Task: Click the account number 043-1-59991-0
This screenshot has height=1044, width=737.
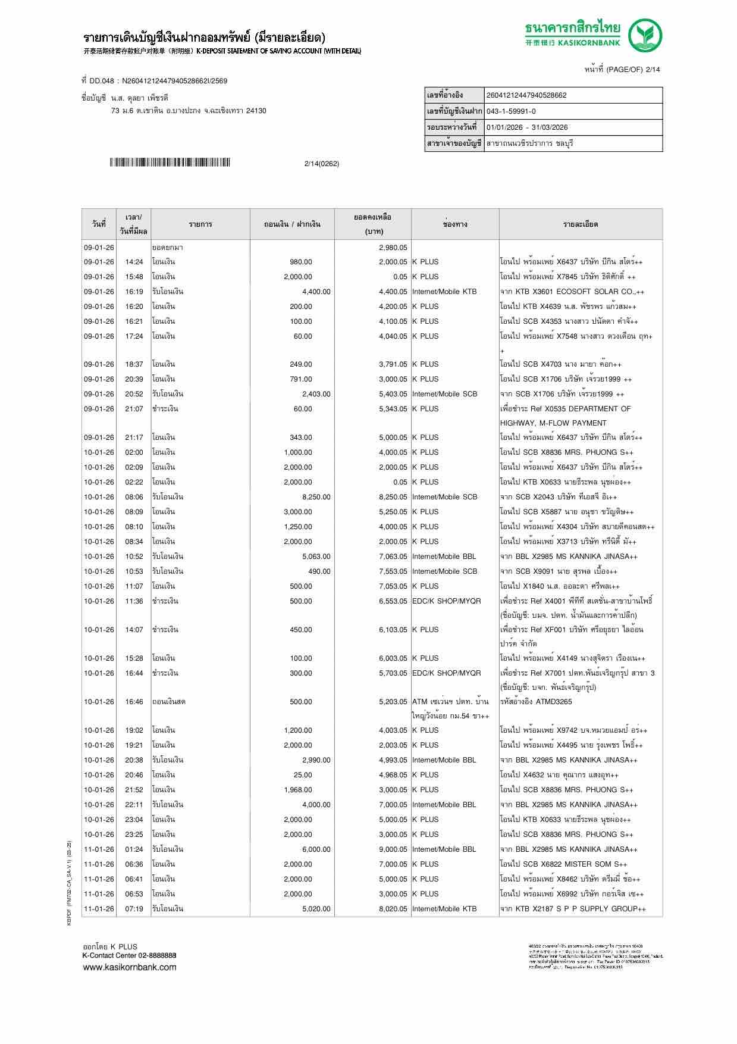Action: [511, 111]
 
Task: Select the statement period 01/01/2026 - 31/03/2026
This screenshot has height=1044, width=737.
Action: [527, 127]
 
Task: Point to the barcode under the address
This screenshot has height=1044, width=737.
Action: [170, 163]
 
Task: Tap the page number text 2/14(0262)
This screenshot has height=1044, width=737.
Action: [321, 164]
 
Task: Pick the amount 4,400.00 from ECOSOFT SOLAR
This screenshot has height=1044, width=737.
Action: [316, 292]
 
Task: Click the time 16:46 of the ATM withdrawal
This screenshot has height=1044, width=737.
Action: [134, 702]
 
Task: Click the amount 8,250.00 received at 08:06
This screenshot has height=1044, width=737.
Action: [316, 497]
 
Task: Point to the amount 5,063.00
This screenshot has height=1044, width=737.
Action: [316, 557]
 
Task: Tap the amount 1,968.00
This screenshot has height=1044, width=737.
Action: [298, 790]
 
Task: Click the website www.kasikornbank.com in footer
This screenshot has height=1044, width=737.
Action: [130, 967]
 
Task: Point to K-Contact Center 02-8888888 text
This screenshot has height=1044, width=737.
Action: [129, 955]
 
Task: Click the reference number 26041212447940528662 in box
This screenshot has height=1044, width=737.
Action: [526, 95]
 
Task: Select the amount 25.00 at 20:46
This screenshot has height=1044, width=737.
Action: [303, 775]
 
